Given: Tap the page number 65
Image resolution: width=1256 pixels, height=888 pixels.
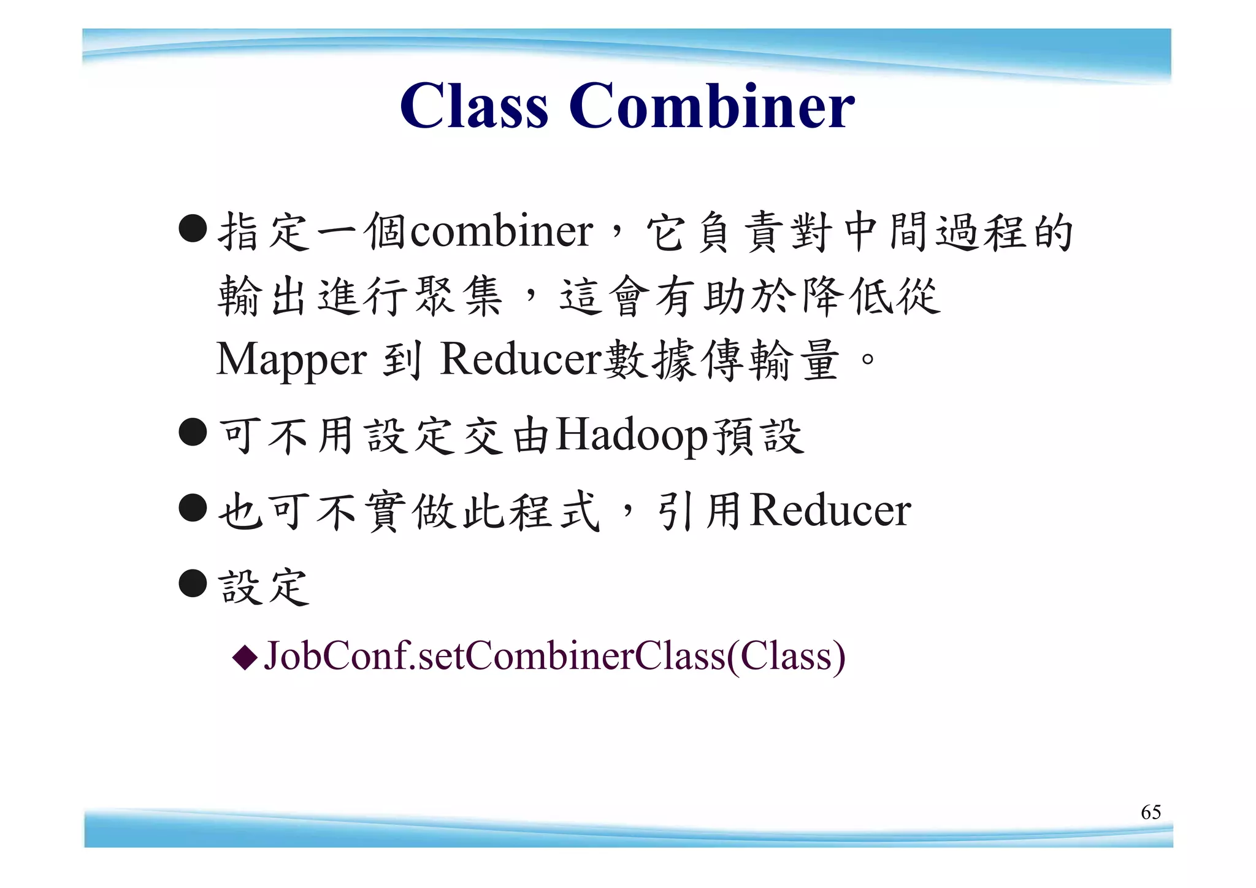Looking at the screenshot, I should (x=1151, y=812).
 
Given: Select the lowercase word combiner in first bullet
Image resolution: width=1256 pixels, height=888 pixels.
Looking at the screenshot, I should (x=501, y=231).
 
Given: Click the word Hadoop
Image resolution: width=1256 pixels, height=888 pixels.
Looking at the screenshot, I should (x=632, y=436).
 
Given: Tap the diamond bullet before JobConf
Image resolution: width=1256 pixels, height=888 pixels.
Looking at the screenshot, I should (x=245, y=657).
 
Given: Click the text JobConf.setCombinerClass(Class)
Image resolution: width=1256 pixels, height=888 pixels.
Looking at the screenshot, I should (x=554, y=656).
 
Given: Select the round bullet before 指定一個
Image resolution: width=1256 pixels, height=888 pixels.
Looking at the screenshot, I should (x=193, y=229).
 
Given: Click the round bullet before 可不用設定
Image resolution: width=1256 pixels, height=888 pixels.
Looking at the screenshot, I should (x=193, y=432).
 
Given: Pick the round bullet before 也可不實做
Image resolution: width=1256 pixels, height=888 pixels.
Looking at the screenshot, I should (x=193, y=508).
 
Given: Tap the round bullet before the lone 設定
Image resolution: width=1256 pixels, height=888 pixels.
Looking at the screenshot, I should (x=193, y=583).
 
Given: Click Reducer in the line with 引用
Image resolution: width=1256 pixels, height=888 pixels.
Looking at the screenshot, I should (x=830, y=511).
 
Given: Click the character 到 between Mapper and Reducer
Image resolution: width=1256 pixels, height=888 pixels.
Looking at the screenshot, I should (x=402, y=360).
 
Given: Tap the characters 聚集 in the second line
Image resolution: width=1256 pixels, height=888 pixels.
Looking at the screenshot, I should (x=459, y=296).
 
